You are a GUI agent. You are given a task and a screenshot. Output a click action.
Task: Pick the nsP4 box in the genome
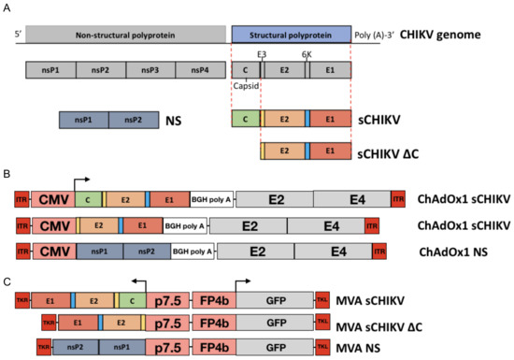pyautogui.click(x=200, y=69)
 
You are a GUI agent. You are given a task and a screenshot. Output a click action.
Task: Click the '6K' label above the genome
pyautogui.click(x=307, y=54)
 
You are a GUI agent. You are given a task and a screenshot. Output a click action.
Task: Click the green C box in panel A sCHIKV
pyautogui.click(x=245, y=119)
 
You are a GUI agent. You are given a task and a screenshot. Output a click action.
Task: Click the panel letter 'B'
pyautogui.click(x=7, y=175)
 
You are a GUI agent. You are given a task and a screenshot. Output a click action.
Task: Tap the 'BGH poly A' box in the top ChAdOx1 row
pyautogui.click(x=210, y=198)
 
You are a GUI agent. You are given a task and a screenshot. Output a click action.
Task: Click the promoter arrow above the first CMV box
pyautogui.click(x=82, y=178)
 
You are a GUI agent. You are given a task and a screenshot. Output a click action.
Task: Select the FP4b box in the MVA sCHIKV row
pyautogui.click(x=214, y=301)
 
